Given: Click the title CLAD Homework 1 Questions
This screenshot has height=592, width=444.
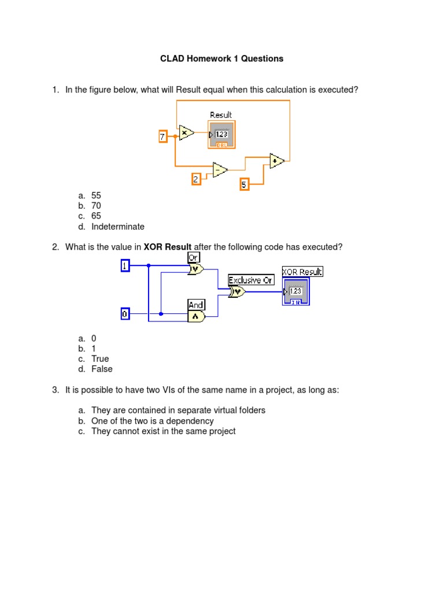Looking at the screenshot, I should click(x=222, y=58).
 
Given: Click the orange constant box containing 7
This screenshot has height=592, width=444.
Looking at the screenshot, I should click(x=162, y=136).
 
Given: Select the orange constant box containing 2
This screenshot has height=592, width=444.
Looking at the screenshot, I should click(x=196, y=179).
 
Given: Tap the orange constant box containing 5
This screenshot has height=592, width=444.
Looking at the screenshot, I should click(x=245, y=185).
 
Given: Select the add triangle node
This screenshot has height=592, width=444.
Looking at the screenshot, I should click(x=277, y=160).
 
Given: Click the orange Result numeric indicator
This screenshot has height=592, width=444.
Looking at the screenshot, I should click(x=221, y=135).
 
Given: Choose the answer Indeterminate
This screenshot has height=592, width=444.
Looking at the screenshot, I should click(x=118, y=227).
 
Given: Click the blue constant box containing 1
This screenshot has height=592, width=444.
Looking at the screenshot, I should click(x=125, y=265).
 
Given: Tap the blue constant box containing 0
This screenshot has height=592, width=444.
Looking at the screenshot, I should click(x=125, y=314).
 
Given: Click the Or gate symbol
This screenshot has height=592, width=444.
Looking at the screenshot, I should click(x=196, y=269).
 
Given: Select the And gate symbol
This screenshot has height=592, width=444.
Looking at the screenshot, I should click(x=196, y=316).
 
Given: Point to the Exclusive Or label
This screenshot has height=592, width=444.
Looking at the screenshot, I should click(x=251, y=280).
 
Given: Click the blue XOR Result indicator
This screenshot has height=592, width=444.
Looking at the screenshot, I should click(x=295, y=291).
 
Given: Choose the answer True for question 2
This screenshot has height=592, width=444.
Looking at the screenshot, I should click(x=100, y=358).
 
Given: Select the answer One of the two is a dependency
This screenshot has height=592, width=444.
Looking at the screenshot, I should click(x=153, y=421).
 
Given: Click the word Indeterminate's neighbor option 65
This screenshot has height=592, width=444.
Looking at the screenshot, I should click(x=96, y=216).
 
